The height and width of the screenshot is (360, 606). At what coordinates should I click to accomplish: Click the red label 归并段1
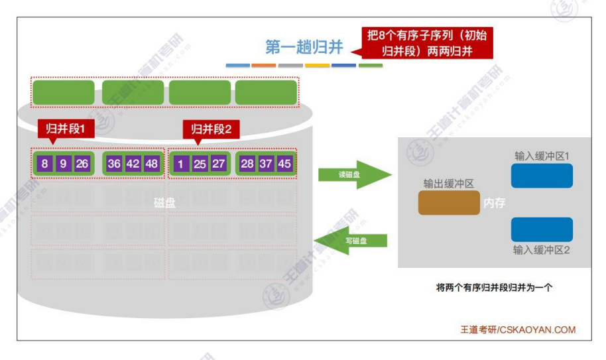coord(66,129)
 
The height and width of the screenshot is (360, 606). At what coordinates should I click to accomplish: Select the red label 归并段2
coord(211,129)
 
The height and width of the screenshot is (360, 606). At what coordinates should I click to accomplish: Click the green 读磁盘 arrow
coord(351,175)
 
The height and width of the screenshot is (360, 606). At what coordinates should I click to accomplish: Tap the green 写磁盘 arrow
coord(351,240)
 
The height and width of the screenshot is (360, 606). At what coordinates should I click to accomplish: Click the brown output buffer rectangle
coord(449,202)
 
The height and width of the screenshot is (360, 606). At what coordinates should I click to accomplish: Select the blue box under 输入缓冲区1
coord(542,176)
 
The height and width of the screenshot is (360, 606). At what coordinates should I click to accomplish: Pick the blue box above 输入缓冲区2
coord(542,229)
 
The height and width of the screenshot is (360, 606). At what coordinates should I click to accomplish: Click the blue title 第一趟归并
coord(304,47)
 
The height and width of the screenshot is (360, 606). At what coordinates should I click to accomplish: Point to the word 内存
coord(495,203)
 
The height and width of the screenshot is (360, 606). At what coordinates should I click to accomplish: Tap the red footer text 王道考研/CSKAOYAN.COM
coord(518,330)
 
